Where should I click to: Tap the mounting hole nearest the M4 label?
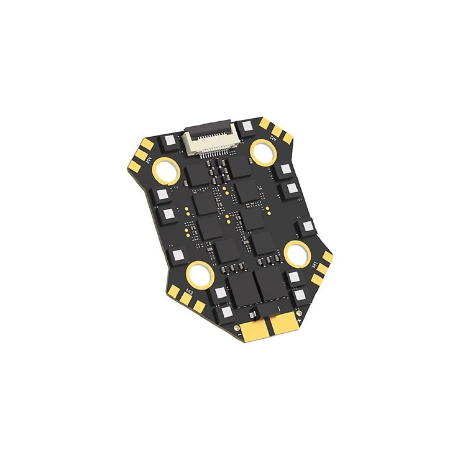[x=168, y=168]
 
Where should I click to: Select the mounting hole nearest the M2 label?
[x=264, y=150]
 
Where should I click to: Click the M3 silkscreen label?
[x=189, y=289]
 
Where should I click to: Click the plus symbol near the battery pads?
[x=299, y=323]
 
